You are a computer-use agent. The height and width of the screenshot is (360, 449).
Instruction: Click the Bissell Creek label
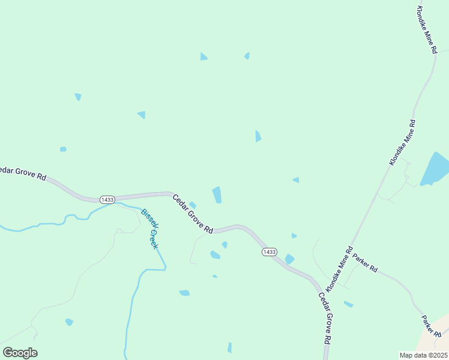tap(149, 229)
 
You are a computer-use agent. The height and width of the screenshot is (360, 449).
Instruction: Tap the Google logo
tap(20, 353)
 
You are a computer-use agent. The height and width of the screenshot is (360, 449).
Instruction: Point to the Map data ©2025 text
tap(423, 355)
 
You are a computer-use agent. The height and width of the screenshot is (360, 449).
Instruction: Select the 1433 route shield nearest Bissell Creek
tap(107, 199)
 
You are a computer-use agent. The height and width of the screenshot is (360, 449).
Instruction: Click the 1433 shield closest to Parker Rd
tap(269, 252)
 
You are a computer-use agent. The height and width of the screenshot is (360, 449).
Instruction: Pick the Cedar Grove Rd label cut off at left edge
tap(23, 173)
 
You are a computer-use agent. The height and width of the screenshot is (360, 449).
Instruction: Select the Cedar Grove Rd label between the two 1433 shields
tap(193, 214)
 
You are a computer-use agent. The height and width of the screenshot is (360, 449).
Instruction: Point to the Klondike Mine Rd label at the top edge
tap(426, 30)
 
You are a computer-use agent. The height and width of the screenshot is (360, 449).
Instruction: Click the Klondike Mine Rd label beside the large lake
tap(403, 142)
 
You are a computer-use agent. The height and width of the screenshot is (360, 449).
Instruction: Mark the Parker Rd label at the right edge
tap(431, 326)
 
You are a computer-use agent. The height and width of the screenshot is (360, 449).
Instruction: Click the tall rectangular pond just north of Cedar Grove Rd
tap(217, 194)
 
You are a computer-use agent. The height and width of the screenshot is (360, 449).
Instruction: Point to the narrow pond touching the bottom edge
tap(229, 348)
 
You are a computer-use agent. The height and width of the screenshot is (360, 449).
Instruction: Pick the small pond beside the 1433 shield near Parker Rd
tap(289, 259)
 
